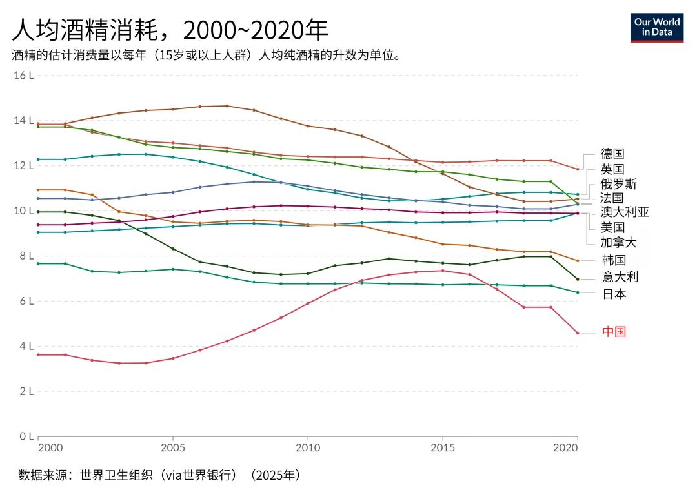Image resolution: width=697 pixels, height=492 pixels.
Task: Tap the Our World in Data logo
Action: pos(656,28)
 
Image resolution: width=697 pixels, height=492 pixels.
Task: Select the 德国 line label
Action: pos(612,154)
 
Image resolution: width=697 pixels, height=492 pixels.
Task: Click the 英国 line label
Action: pos(612,169)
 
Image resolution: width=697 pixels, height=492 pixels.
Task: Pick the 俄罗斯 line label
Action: pos(618,184)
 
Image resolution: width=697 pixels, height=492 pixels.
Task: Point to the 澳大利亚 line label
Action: pos(625,212)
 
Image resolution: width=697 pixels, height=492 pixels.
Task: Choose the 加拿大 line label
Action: pos(618,242)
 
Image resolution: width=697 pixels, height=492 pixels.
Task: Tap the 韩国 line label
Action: pos(614,260)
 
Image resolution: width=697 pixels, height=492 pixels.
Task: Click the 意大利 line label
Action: pos(620,277)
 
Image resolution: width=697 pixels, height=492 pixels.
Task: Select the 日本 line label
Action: pos(614,294)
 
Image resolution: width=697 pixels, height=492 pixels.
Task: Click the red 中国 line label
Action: pos(614,332)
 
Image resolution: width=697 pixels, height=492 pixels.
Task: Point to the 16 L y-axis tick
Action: pos(24,75)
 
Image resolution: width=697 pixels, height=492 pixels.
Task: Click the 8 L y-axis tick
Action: pos(26,256)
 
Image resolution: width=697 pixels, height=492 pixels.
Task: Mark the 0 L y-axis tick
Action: pos(26,436)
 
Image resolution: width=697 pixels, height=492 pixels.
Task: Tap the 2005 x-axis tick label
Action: pos(173,447)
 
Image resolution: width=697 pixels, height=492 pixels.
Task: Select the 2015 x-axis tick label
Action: pos(443,447)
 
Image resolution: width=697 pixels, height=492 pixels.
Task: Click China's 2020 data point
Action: pos(578,333)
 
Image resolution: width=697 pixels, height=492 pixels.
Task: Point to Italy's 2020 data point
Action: pos(578,280)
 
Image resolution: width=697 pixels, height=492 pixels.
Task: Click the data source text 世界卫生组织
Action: pos(116,475)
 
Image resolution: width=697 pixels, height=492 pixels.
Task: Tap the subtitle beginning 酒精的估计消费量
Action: pos(207,55)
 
